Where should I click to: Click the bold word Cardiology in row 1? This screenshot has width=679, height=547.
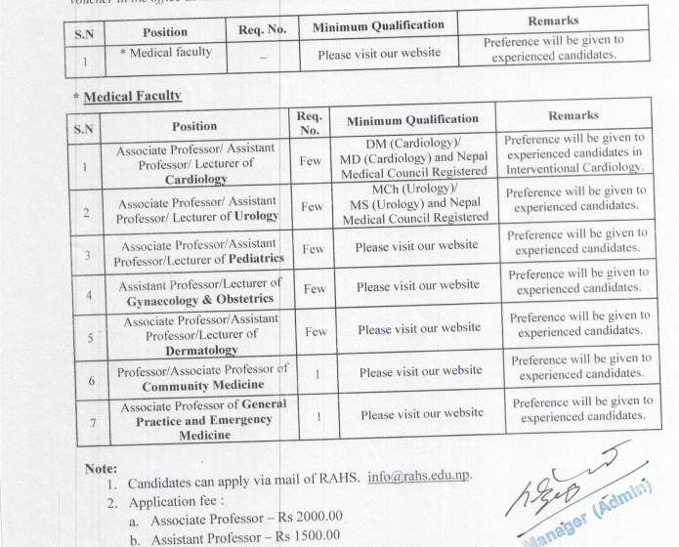(195, 180)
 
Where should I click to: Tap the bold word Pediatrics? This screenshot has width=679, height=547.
(255, 260)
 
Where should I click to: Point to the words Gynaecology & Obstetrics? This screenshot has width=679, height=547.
(198, 299)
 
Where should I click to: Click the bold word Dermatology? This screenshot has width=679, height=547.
(200, 350)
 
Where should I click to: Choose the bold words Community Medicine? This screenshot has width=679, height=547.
(202, 386)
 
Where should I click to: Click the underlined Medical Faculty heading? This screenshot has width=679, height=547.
(132, 97)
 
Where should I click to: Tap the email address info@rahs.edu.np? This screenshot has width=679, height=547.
(420, 477)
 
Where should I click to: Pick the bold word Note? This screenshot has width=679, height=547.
(101, 469)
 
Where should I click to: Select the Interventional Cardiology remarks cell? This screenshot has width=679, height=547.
(573, 153)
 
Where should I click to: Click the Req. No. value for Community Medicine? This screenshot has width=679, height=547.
(317, 373)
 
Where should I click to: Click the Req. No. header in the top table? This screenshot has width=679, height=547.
(262, 30)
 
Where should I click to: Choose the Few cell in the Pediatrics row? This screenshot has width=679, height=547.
(313, 249)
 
